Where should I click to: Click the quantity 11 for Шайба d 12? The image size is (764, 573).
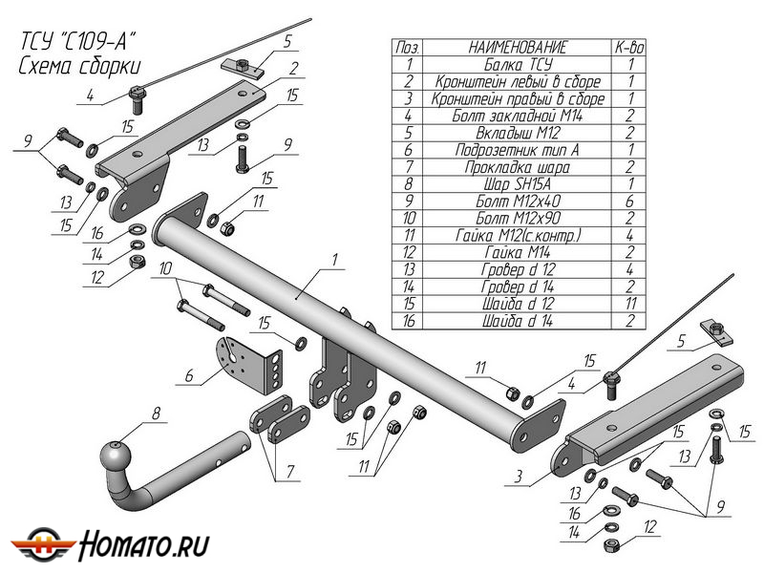pos(631,305)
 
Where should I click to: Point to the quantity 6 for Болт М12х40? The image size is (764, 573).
pos(631,202)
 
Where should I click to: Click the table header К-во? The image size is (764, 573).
pos(631,47)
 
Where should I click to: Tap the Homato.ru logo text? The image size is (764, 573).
pos(143,544)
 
